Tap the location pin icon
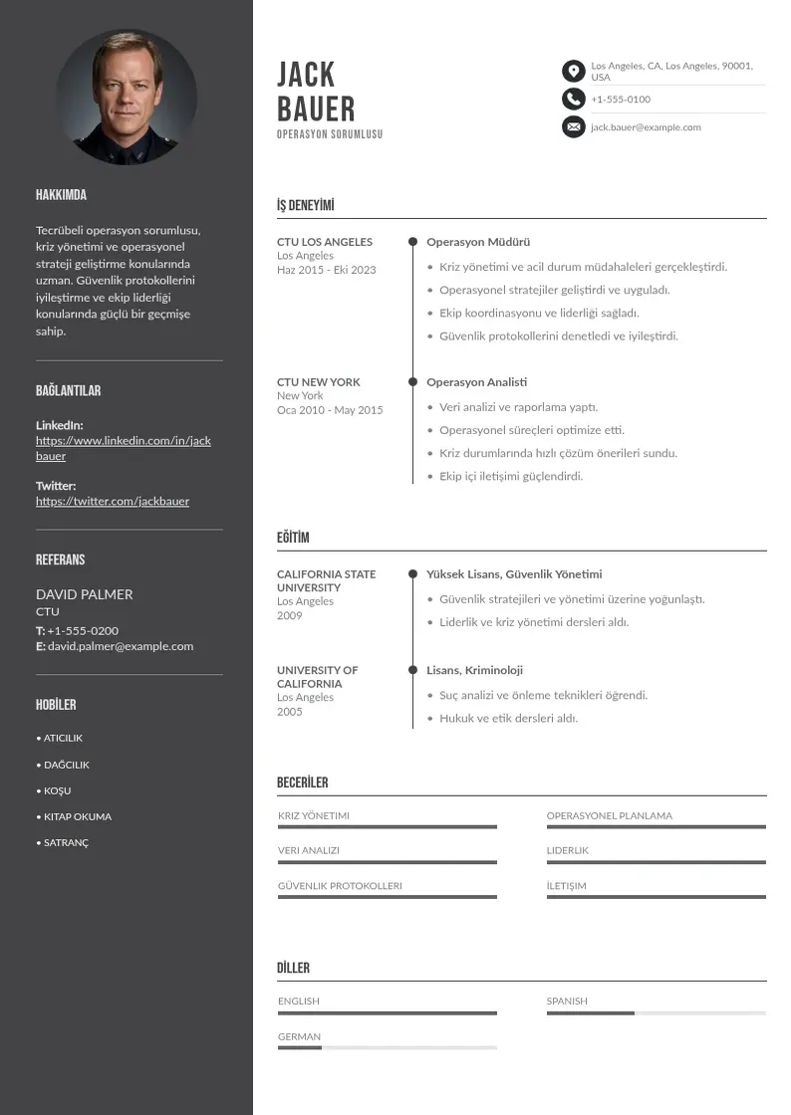pyautogui.click(x=573, y=71)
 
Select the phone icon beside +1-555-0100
pyautogui.click(x=573, y=99)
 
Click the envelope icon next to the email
pyautogui.click(x=573, y=126)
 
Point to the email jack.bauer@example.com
pyautogui.click(x=646, y=127)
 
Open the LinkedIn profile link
pyautogui.click(x=124, y=448)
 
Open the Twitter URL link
pyautogui.click(x=113, y=501)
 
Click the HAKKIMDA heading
pyautogui.click(x=61, y=195)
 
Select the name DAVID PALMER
pyautogui.click(x=84, y=594)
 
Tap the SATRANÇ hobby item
pyautogui.click(x=66, y=842)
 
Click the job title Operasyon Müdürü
pyautogui.click(x=478, y=242)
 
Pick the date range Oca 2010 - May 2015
pyautogui.click(x=330, y=410)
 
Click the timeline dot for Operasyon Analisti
pyautogui.click(x=412, y=381)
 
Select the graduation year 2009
pyautogui.click(x=289, y=615)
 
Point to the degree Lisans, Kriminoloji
pyautogui.click(x=474, y=670)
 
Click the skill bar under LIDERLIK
pyautogui.click(x=656, y=862)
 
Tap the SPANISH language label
pyautogui.click(x=567, y=1001)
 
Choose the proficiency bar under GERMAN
pyautogui.click(x=387, y=1048)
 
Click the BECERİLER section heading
pyautogui.click(x=302, y=782)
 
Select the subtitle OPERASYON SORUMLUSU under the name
pyautogui.click(x=330, y=134)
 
